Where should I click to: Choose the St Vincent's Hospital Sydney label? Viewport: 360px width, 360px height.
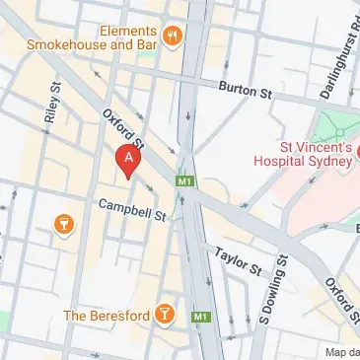[x=302, y=155]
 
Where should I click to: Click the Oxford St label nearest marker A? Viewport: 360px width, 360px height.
[x=123, y=129]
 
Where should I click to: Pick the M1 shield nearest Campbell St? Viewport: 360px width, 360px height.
[x=183, y=182]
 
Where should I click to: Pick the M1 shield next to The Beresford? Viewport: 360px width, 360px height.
[x=201, y=317]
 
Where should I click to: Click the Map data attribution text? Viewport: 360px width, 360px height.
[x=341, y=352]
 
